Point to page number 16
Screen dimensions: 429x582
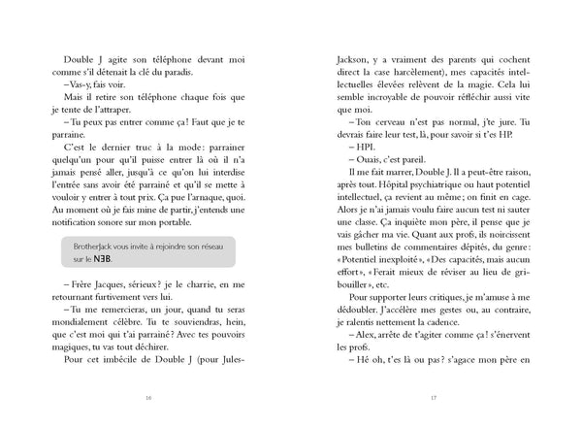point(146,396)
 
